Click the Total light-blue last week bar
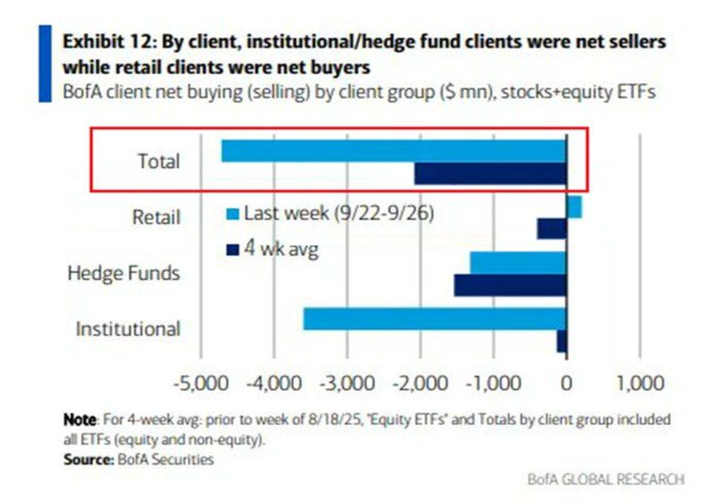(x=393, y=151)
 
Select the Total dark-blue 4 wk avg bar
(x=490, y=173)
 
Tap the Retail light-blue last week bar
(x=574, y=207)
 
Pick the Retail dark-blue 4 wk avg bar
(x=552, y=229)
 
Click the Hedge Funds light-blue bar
(x=518, y=263)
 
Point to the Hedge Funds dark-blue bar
(x=510, y=285)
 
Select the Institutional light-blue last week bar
(x=434, y=319)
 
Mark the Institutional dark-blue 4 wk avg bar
(x=562, y=341)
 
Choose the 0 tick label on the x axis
(x=567, y=383)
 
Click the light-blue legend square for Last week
(x=232, y=214)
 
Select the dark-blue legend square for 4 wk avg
(x=232, y=250)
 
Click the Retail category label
(x=156, y=217)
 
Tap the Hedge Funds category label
(x=124, y=274)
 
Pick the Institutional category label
(x=128, y=329)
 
